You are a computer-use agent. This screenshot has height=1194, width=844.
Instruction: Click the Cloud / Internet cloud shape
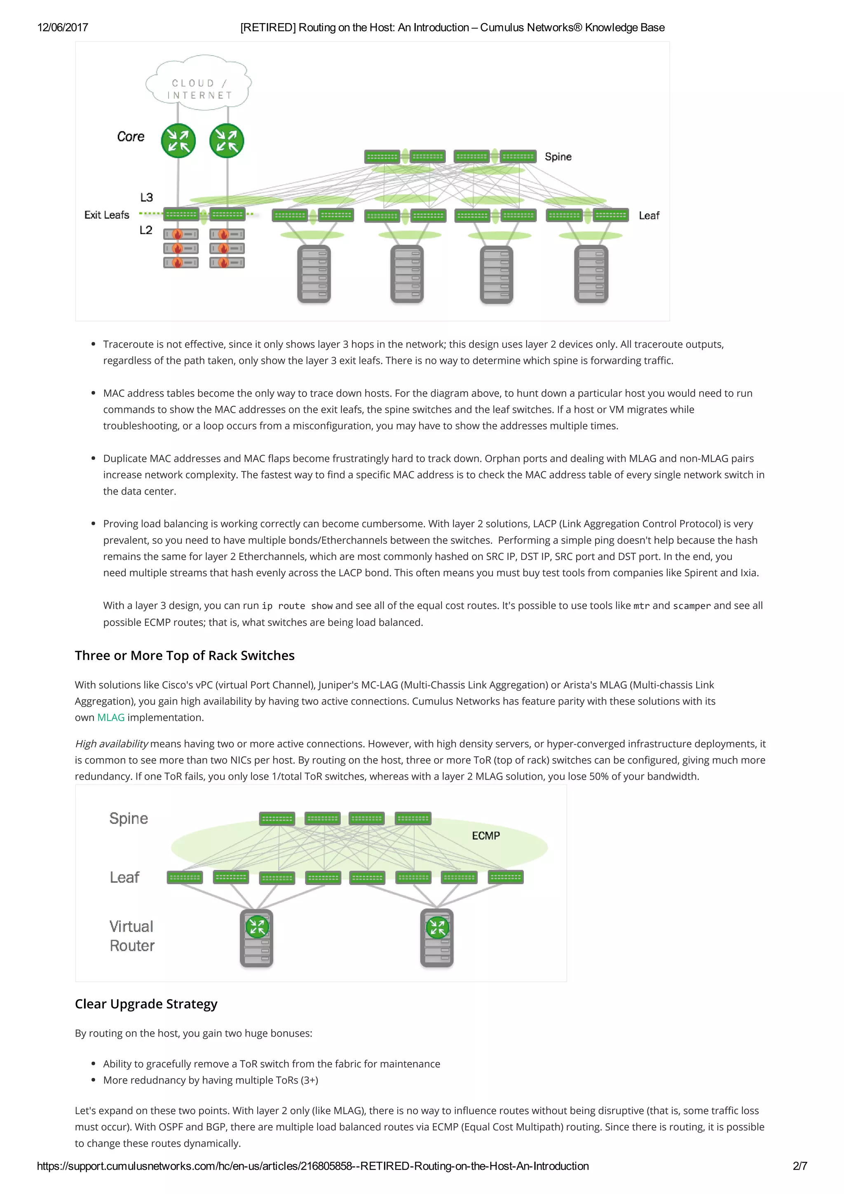pos(199,83)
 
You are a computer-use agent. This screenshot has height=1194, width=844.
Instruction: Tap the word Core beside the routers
pos(131,137)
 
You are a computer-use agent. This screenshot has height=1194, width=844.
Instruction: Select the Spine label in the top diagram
pos(558,157)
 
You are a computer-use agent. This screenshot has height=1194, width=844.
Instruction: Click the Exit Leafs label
pos(107,215)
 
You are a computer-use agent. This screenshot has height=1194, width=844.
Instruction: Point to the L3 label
pos(146,197)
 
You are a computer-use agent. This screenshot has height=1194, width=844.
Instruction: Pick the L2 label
pos(145,230)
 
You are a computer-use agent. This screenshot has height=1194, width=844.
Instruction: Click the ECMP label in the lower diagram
pos(486,835)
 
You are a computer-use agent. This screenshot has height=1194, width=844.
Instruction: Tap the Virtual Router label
pos(131,936)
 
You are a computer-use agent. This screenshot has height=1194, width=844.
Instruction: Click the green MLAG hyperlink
pos(111,717)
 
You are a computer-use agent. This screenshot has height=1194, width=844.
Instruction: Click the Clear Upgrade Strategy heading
pos(146,1004)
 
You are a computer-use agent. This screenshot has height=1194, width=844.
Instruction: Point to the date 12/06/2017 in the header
pos(62,28)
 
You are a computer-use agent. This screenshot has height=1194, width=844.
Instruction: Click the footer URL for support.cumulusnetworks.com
pos(312,1166)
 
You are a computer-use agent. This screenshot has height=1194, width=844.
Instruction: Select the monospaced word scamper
pos(692,606)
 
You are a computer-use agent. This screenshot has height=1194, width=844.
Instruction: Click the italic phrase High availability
pos(111,744)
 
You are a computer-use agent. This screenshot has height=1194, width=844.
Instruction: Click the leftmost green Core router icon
pos(178,140)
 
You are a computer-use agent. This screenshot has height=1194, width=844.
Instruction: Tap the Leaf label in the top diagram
pos(649,215)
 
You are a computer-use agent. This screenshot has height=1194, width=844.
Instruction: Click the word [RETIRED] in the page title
pos(268,28)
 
